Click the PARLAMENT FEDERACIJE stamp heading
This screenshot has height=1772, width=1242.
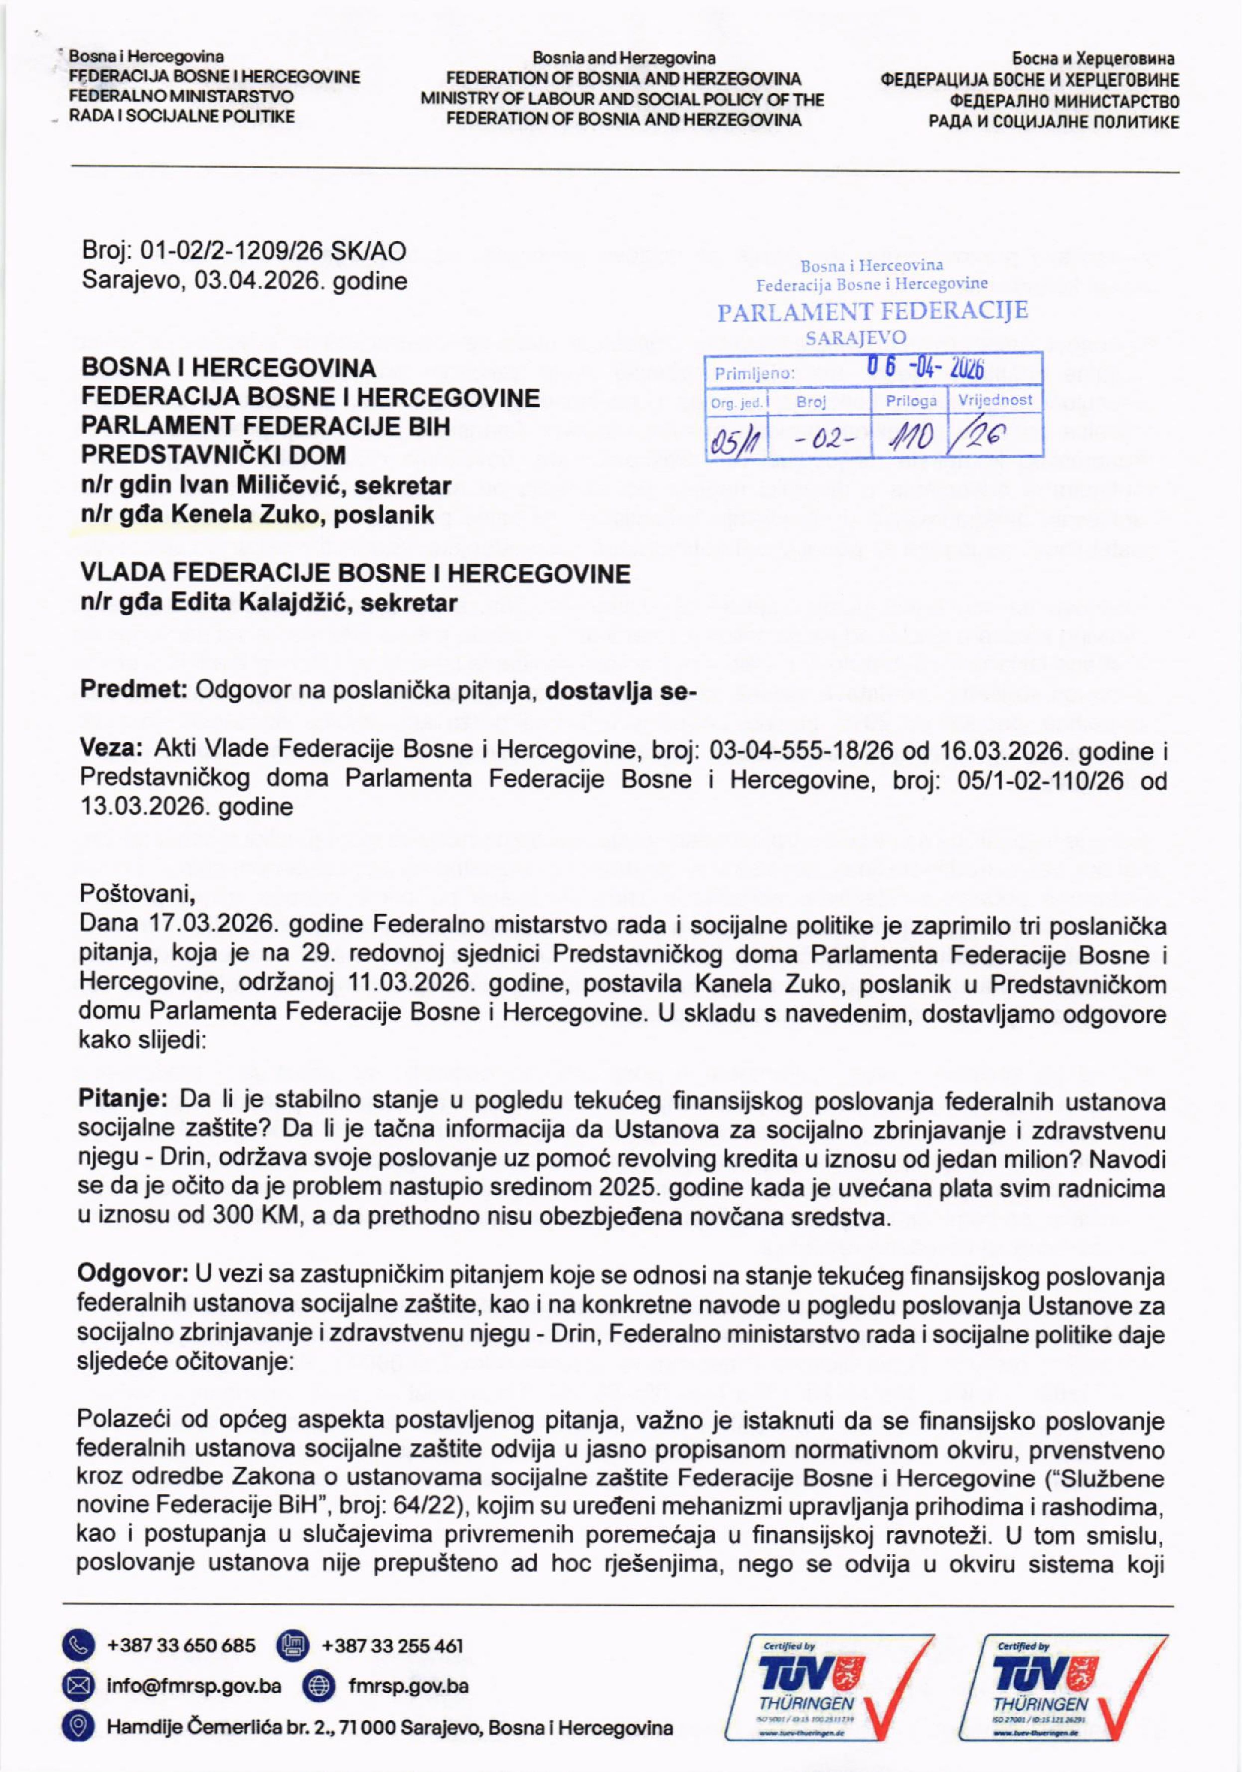[872, 312]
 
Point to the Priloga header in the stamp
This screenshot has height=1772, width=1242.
[911, 401]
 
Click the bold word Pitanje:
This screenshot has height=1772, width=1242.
[124, 1099]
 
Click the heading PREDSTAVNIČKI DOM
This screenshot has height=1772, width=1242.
[214, 456]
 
